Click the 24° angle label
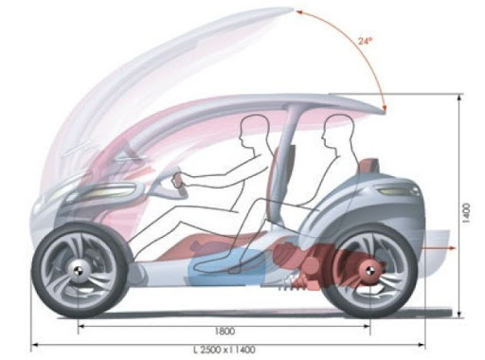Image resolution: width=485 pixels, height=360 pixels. [x=366, y=41]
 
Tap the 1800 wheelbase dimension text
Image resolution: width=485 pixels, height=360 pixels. [x=225, y=332]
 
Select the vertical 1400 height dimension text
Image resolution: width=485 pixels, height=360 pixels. [x=466, y=213]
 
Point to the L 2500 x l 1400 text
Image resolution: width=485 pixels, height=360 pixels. [x=225, y=350]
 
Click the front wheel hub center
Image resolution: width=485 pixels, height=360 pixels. [x=77, y=271]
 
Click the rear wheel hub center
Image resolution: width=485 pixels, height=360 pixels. [x=368, y=270]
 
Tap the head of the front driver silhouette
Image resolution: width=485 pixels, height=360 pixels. [x=253, y=131]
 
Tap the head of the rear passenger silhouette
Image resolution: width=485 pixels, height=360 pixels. [x=337, y=131]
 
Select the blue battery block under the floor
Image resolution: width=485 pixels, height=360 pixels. [x=226, y=267]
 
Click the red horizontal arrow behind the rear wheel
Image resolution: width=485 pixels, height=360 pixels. [x=439, y=248]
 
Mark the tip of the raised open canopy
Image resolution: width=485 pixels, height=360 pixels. [x=294, y=9]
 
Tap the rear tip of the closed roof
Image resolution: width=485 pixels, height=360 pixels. [x=384, y=111]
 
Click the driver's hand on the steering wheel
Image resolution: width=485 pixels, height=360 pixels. [x=177, y=181]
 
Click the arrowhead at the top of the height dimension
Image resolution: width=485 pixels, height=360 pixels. [x=459, y=98]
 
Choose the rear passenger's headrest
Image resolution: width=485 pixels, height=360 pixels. [x=368, y=166]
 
